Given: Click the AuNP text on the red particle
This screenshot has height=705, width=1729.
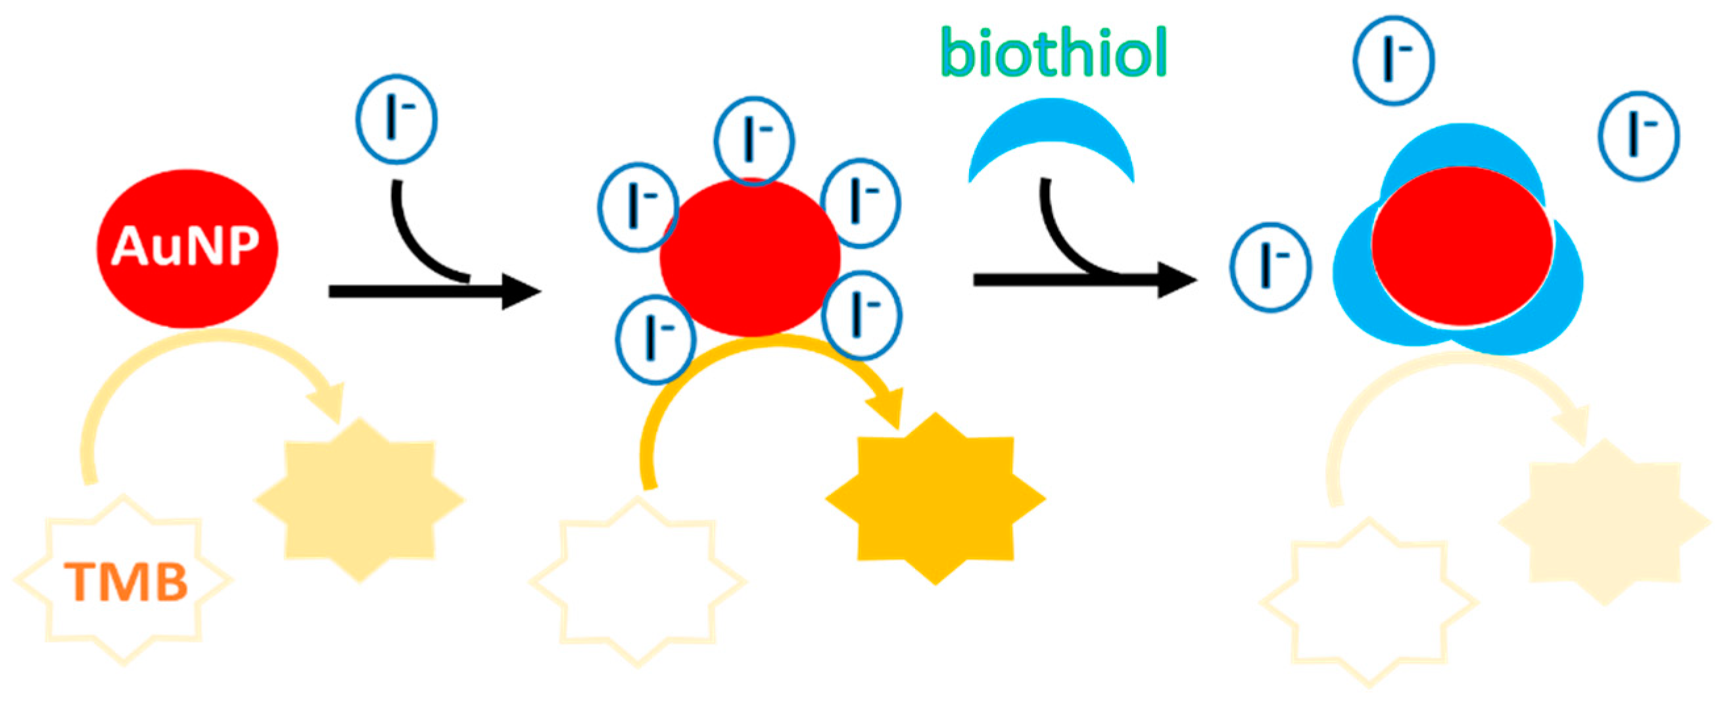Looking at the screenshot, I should pos(185,246).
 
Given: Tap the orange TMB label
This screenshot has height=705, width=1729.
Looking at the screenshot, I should pos(126,581).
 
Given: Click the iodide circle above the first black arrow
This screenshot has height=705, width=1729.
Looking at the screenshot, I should pos(396,120).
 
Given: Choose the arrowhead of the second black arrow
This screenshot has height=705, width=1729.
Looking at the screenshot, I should pos(1178,280).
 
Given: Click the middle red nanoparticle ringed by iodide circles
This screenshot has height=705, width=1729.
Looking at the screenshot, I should pos(749,258).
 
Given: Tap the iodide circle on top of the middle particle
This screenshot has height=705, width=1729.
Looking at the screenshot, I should pos(755,141).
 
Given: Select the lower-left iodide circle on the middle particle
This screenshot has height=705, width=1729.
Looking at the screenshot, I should pos(655,339).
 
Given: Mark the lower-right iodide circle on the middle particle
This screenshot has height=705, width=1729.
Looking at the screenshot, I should pos(862,316).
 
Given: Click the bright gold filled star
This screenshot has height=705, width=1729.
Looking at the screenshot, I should pos(935,498).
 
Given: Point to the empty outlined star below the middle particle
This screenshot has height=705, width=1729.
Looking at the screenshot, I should pos(638,581).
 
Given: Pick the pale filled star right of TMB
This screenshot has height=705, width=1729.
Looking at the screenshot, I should pos(359,500).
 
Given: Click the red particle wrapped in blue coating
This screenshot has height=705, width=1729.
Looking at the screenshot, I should pos(1462,247).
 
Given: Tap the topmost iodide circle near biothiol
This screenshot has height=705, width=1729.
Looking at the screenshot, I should pos(1394,61).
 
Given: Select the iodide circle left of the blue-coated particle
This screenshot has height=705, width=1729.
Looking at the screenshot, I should pos(1270,267).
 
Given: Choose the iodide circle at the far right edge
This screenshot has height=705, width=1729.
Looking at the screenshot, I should pos(1639,136).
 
